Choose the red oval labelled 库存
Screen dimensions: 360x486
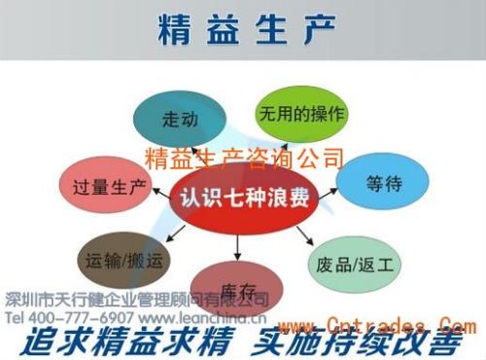pyautogui.click(x=237, y=288)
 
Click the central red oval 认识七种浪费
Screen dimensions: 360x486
pyautogui.click(x=244, y=198)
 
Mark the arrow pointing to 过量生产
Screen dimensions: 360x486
pyautogui.click(x=159, y=193)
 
